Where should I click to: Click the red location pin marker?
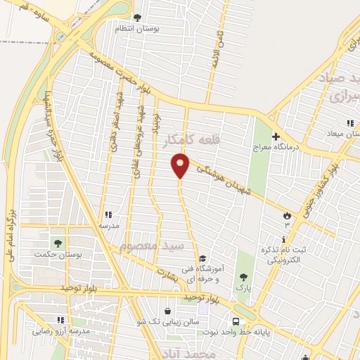point(181,165)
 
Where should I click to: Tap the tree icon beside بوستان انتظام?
point(137,18)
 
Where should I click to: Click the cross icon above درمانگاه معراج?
point(276,136)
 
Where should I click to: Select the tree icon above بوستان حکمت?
point(57,243)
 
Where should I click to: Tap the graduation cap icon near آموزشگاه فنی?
point(202,258)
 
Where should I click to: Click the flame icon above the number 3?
point(287,214)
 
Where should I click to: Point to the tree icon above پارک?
point(243,277)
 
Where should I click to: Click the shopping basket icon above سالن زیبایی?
point(167,311)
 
